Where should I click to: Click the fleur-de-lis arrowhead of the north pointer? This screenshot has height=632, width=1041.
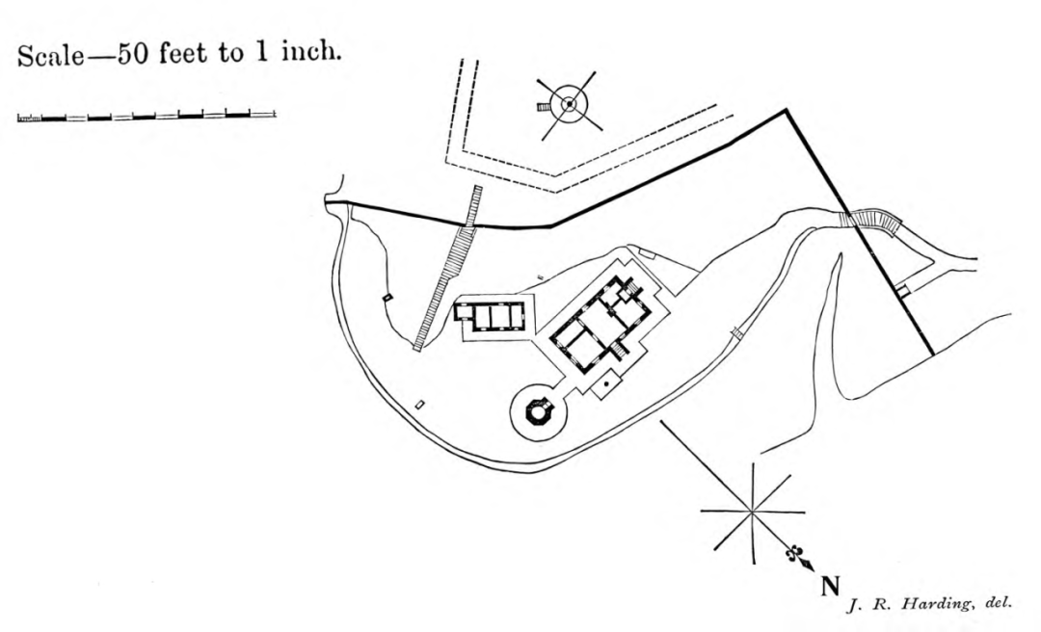(796, 556)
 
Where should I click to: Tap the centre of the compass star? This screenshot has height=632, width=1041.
(752, 512)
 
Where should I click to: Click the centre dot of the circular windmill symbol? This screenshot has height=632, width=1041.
(570, 104)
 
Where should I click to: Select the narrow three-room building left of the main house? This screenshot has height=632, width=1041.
(491, 314)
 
